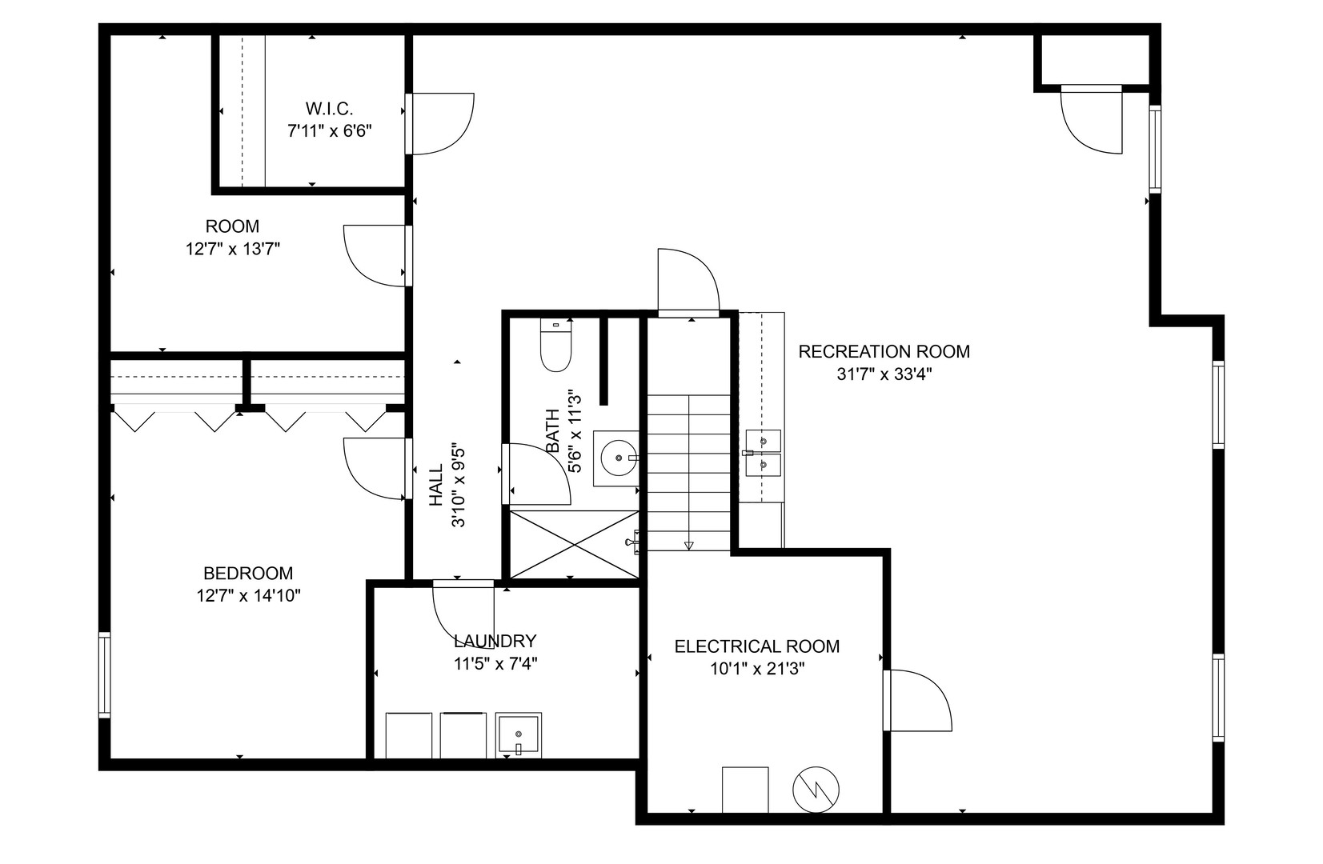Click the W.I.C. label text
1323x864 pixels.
[x=329, y=108]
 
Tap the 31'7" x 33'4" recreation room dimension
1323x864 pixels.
[x=884, y=374]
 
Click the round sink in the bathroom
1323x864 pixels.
[x=617, y=458]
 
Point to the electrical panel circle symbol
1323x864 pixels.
[x=816, y=790]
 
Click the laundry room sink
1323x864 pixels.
[x=518, y=734]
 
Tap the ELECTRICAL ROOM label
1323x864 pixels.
[x=756, y=646]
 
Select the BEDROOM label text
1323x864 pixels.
[x=248, y=574]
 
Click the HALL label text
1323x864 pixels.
[x=436, y=485]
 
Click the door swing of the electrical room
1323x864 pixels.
[x=919, y=700]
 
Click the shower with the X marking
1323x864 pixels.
[x=574, y=544]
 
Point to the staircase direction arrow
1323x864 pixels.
[x=688, y=545]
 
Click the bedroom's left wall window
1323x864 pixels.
[x=105, y=674]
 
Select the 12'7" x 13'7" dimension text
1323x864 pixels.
[x=233, y=249]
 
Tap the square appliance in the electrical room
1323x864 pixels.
[x=745, y=790]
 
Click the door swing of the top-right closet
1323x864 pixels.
[x=1091, y=119]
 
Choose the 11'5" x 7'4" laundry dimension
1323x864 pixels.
[x=494, y=663]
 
